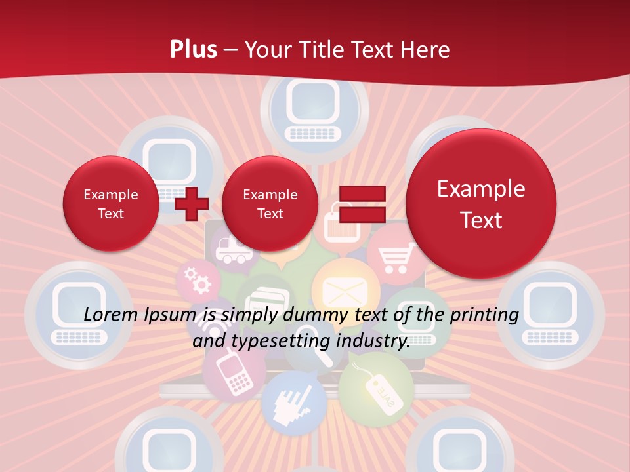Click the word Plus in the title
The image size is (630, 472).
point(193,49)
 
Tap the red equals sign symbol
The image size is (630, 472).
point(362,204)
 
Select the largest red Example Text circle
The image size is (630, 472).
point(481,204)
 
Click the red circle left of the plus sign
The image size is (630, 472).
point(110,204)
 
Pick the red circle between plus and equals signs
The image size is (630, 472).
point(270,204)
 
